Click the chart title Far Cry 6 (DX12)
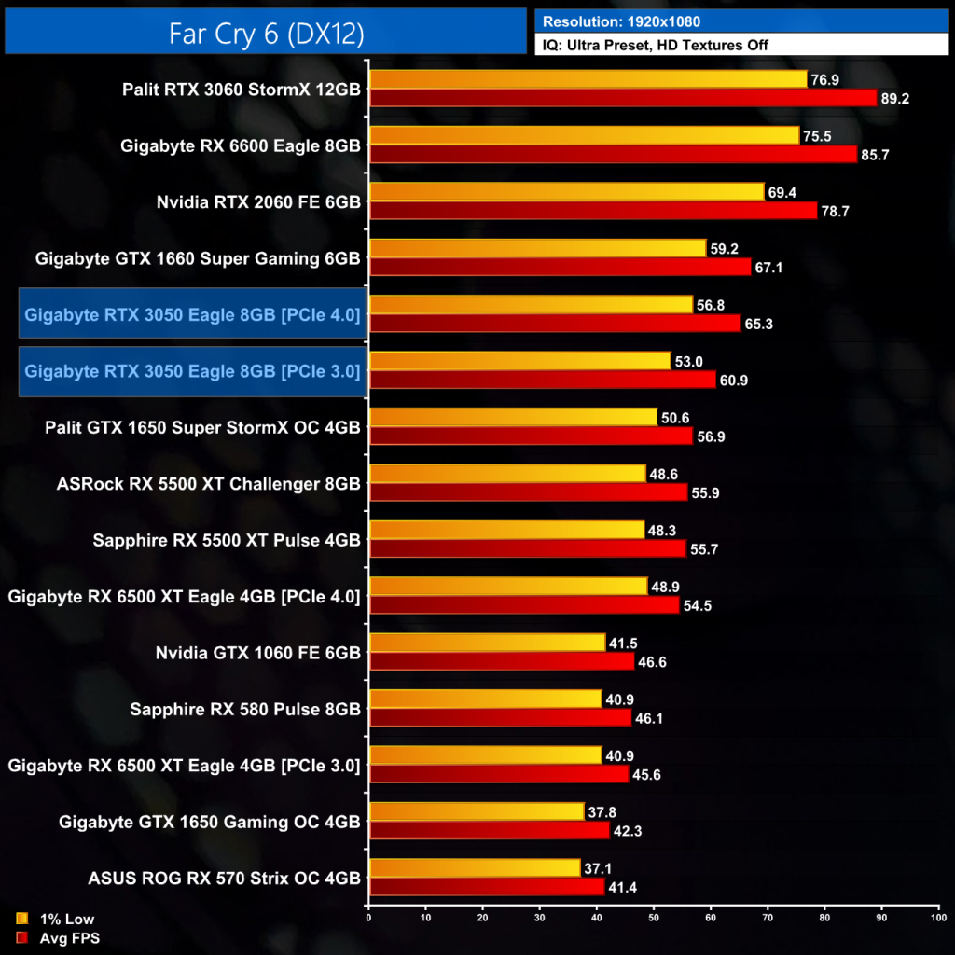click(266, 33)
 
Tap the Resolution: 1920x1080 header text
click(621, 21)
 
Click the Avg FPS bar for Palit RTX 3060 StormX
click(623, 98)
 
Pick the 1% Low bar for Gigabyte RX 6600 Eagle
click(584, 136)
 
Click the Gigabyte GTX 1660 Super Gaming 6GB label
click(198, 257)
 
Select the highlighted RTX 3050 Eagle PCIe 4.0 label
click(192, 314)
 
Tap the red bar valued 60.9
click(542, 380)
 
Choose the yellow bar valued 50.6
click(513, 417)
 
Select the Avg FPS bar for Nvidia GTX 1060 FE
click(502, 661)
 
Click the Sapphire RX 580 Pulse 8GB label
click(245, 709)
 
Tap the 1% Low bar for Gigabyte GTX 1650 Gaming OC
click(477, 811)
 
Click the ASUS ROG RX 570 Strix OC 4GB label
click(224, 878)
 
